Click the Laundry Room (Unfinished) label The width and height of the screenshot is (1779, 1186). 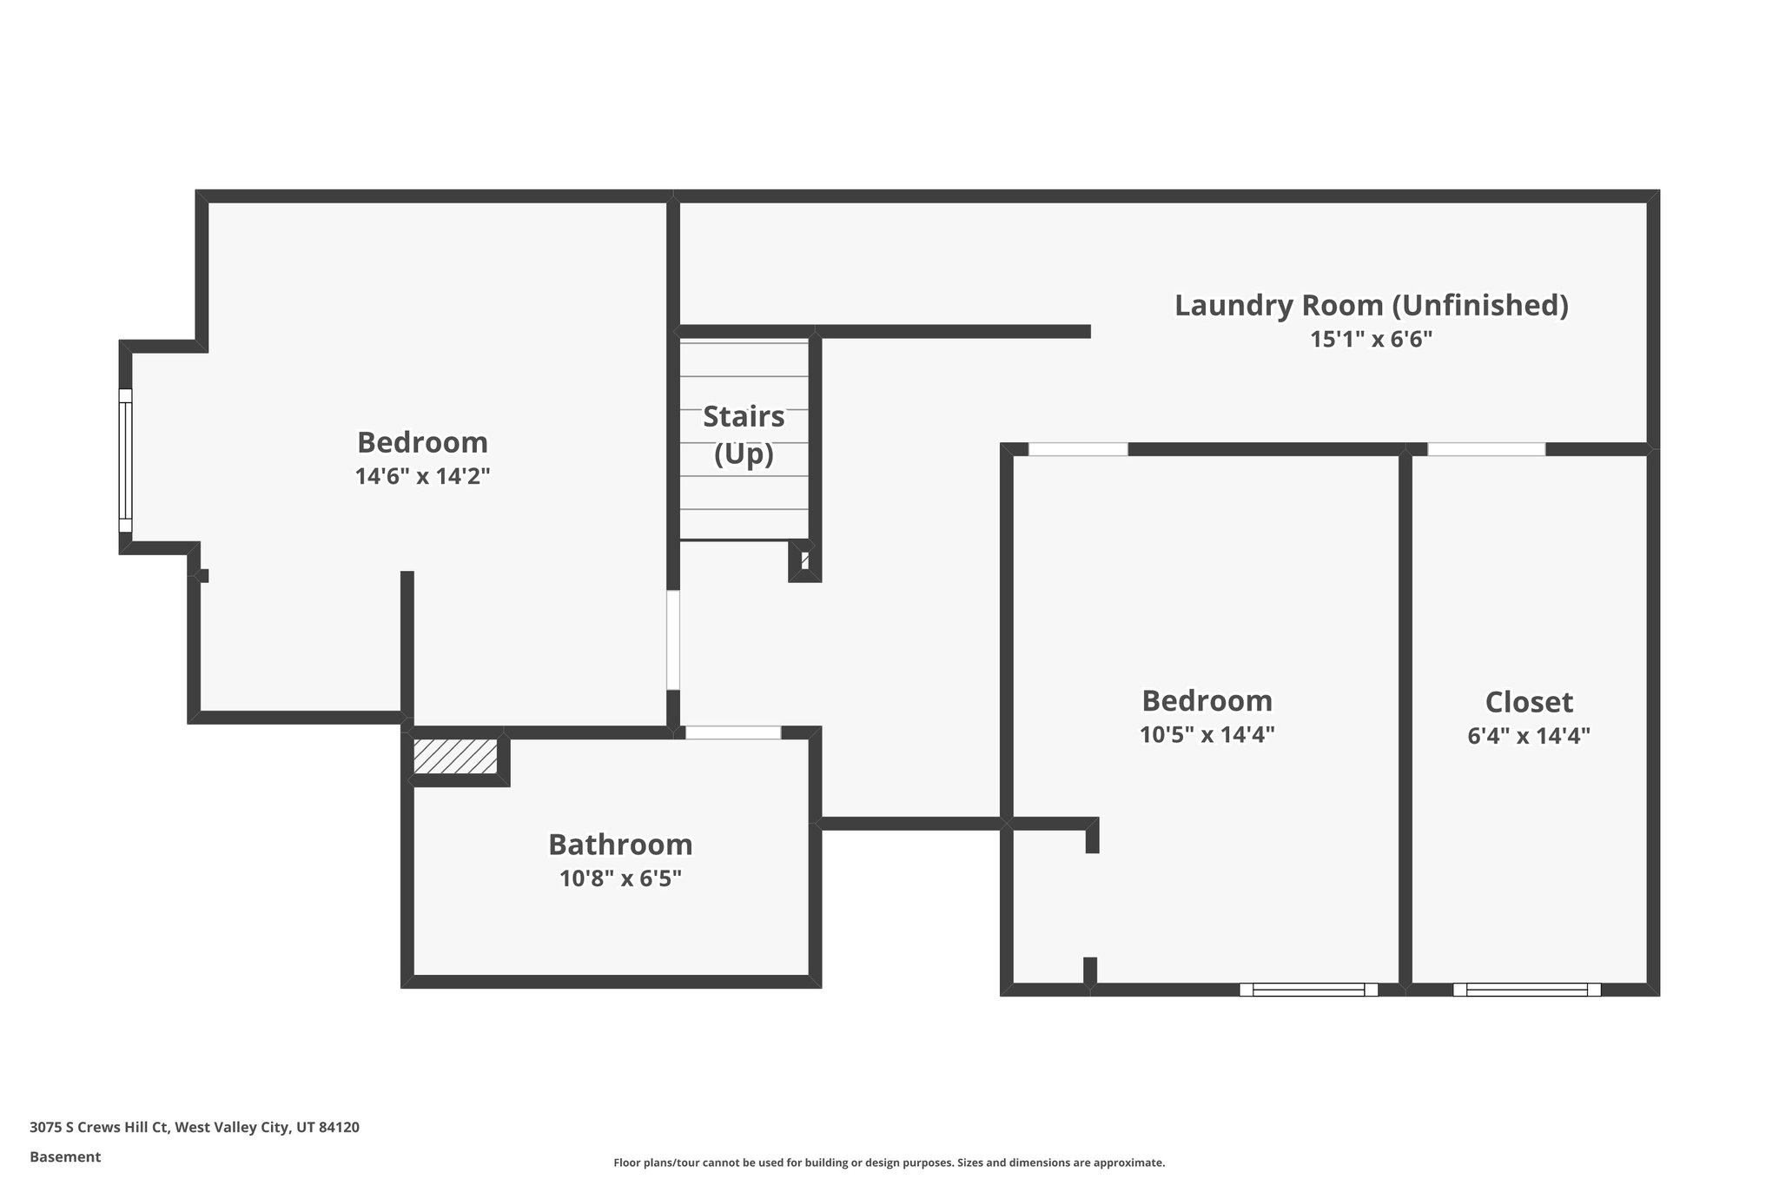coord(1371,306)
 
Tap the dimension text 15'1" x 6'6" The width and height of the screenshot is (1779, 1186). coord(1371,340)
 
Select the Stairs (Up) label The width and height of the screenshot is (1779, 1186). coord(744,434)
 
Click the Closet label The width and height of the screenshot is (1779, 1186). coord(1528,702)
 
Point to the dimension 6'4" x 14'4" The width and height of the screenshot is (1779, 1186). coord(1528,736)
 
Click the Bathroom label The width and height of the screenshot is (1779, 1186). coord(620,845)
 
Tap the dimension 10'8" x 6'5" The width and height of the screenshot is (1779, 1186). coord(620,878)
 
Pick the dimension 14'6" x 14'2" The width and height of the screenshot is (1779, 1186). coord(422,477)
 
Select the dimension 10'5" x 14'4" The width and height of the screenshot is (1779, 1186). coord(1207,735)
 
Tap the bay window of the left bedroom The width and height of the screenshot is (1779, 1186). coord(125,460)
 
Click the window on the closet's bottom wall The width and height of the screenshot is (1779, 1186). coord(1526,989)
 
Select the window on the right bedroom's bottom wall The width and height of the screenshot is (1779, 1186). coord(1308,989)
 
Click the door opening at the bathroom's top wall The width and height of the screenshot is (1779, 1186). coord(733,732)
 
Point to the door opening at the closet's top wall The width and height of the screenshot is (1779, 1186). coord(1486,449)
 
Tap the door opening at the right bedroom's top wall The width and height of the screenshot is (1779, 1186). coord(1078,449)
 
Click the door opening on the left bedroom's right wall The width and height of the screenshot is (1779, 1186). coord(672,640)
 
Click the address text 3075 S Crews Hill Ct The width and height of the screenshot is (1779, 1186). coord(101,1127)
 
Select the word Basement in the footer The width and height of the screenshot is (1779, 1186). coord(65,1156)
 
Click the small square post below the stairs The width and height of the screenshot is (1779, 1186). coord(805,560)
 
